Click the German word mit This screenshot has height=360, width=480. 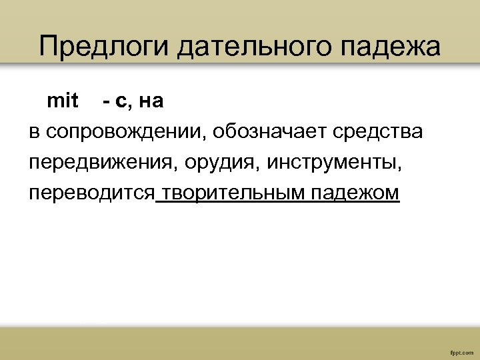63,101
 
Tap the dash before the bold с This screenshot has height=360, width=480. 107,102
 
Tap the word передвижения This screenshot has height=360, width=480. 99,163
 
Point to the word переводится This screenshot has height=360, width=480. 91,193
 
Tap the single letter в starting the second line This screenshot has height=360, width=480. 34,133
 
